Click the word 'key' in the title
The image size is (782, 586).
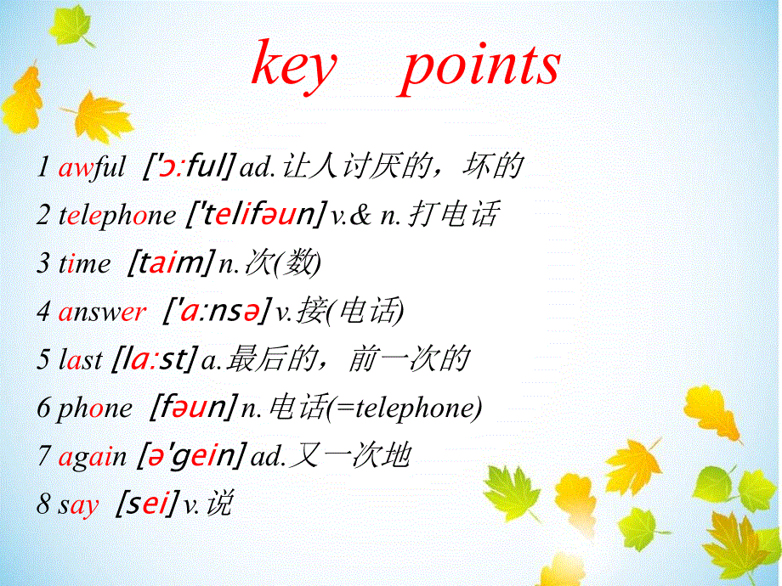tap(294, 66)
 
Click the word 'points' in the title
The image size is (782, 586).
tap(481, 66)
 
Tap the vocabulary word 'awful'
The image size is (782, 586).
tap(92, 167)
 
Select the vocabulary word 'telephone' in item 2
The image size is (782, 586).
tap(116, 216)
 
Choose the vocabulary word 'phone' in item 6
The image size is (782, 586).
tap(94, 409)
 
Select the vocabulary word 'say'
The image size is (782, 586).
tap(78, 505)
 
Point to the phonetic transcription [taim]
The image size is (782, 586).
tap(170, 263)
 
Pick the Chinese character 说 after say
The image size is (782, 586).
tap(218, 504)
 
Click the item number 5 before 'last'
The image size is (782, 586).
tap(43, 360)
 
